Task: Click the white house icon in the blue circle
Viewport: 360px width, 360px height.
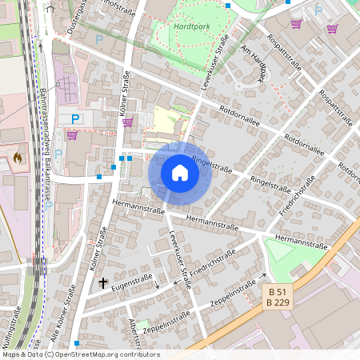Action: coord(180,173)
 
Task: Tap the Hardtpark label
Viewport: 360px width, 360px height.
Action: coord(190,26)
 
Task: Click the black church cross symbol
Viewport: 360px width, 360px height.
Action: coord(102,282)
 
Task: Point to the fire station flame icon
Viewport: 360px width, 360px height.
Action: coord(18,158)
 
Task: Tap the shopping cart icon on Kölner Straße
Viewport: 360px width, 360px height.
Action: coord(127,122)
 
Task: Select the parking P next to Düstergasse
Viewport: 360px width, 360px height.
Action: coord(99,38)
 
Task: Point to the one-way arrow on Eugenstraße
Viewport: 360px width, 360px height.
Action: coord(158,286)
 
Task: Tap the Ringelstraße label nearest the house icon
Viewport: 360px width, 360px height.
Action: coord(211,166)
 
